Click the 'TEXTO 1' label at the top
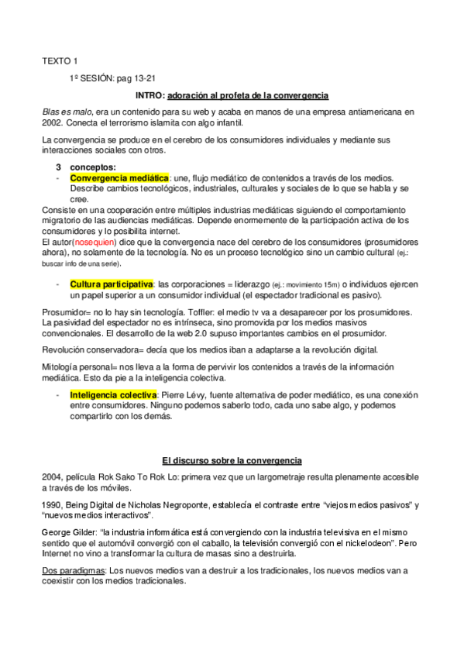[60, 60]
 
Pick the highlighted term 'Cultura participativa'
[112, 285]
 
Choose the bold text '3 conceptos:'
[86, 167]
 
